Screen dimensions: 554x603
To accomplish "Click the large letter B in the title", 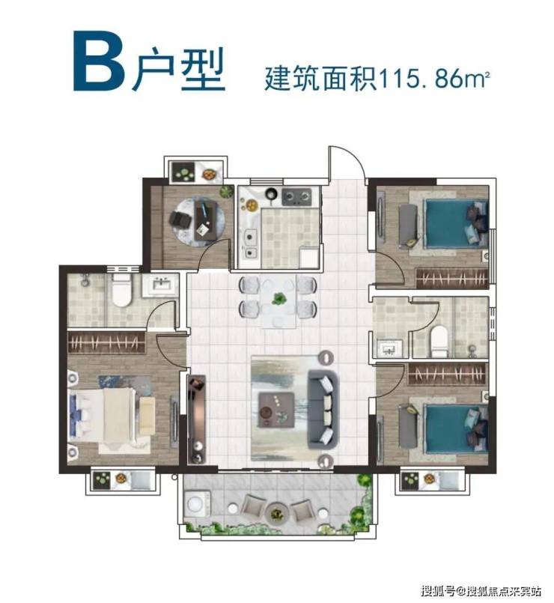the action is (99, 61).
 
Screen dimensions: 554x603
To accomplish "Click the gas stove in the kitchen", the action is (296, 197).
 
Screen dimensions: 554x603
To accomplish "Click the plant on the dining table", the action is (279, 298).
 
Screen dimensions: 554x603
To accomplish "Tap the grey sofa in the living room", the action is (323, 410).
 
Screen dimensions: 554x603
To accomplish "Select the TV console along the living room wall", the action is (197, 419).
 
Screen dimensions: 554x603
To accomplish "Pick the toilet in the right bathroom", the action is (439, 342).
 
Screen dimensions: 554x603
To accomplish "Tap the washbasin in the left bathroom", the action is (161, 285).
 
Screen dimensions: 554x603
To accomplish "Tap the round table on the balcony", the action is (276, 512).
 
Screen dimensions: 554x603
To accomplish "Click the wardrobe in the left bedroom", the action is (106, 342).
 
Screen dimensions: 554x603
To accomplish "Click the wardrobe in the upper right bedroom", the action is (452, 278).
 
